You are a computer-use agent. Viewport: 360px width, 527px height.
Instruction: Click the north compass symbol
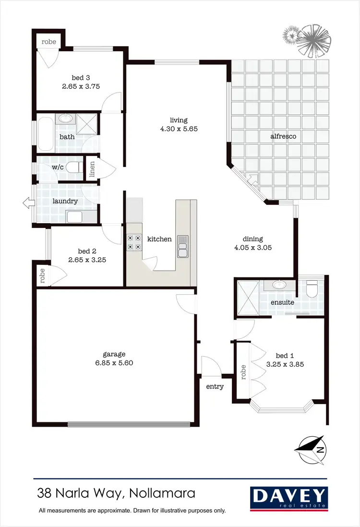coord(311,450)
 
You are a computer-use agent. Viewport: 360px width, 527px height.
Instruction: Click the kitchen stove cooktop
coord(134,242)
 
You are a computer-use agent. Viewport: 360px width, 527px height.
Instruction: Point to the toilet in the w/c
coord(72,168)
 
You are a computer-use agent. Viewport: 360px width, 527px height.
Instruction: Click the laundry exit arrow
coord(27,204)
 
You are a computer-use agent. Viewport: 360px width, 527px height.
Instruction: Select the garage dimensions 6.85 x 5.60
coord(115,363)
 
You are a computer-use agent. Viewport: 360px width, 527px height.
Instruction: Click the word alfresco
coord(283,136)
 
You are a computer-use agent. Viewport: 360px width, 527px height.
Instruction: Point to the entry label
coord(215,386)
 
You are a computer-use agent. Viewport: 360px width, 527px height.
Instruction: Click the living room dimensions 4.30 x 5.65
coord(178,129)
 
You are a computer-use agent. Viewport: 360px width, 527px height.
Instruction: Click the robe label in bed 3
coord(49,42)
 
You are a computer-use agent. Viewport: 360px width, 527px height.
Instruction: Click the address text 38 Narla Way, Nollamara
coord(117,493)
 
